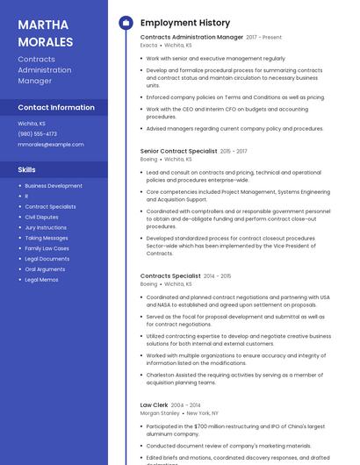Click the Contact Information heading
56,107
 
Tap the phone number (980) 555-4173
38,134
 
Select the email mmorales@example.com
51,145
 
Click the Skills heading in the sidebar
27,169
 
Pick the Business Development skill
54,186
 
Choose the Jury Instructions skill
46,227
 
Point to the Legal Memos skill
41,279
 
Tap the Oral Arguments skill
45,268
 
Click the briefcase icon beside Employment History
126,23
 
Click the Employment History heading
185,23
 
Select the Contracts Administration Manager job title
191,38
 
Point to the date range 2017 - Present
264,38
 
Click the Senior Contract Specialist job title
178,151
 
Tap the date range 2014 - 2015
217,276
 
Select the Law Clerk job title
155,404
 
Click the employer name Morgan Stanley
160,412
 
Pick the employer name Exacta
148,45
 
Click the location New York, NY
203,412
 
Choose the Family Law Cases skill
47,248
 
